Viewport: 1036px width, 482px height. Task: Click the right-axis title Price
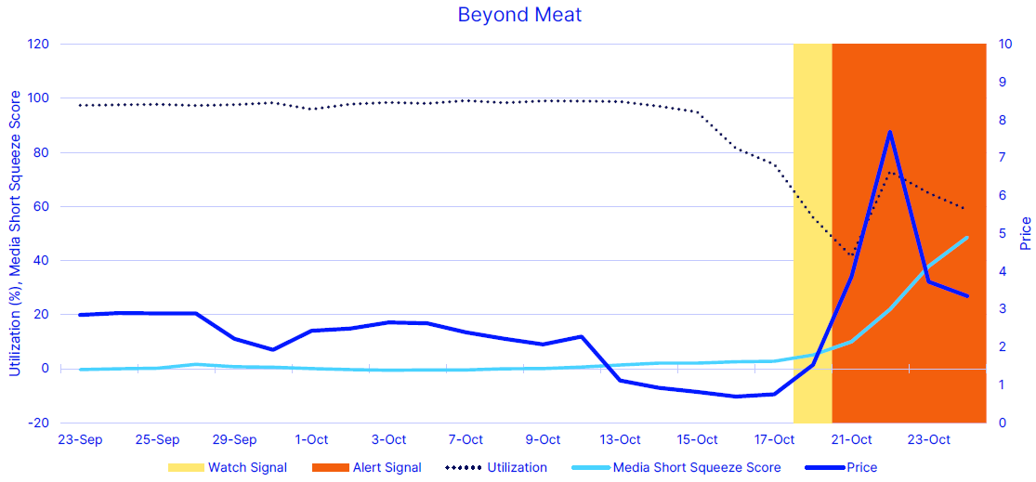1026,233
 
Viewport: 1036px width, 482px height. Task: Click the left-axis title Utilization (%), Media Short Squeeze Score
14,233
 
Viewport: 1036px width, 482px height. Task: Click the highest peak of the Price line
889,132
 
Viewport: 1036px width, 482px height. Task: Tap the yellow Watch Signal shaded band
812,232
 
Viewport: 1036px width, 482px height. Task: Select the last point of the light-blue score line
967,238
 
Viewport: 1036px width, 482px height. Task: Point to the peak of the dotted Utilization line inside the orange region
889,172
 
